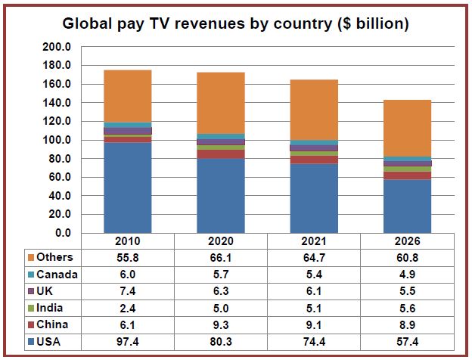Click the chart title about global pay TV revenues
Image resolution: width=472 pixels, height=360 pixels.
pyautogui.click(x=235, y=23)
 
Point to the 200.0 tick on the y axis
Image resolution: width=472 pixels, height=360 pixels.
pyautogui.click(x=57, y=47)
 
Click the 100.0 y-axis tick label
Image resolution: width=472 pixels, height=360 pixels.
pyautogui.click(x=57, y=140)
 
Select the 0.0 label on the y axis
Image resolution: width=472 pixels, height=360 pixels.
pyautogui.click(x=63, y=233)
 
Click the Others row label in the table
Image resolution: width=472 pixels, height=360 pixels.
pyautogui.click(x=54, y=258)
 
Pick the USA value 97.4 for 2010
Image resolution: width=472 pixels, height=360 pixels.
pyautogui.click(x=128, y=343)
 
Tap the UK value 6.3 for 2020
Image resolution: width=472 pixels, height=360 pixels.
pyautogui.click(x=221, y=292)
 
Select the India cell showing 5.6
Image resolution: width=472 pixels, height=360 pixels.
pyautogui.click(x=408, y=309)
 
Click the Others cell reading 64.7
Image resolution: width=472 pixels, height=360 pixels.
pyautogui.click(x=315, y=258)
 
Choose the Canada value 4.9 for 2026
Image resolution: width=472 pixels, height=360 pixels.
pyautogui.click(x=408, y=275)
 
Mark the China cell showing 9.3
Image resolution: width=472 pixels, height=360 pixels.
pyautogui.click(x=221, y=325)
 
